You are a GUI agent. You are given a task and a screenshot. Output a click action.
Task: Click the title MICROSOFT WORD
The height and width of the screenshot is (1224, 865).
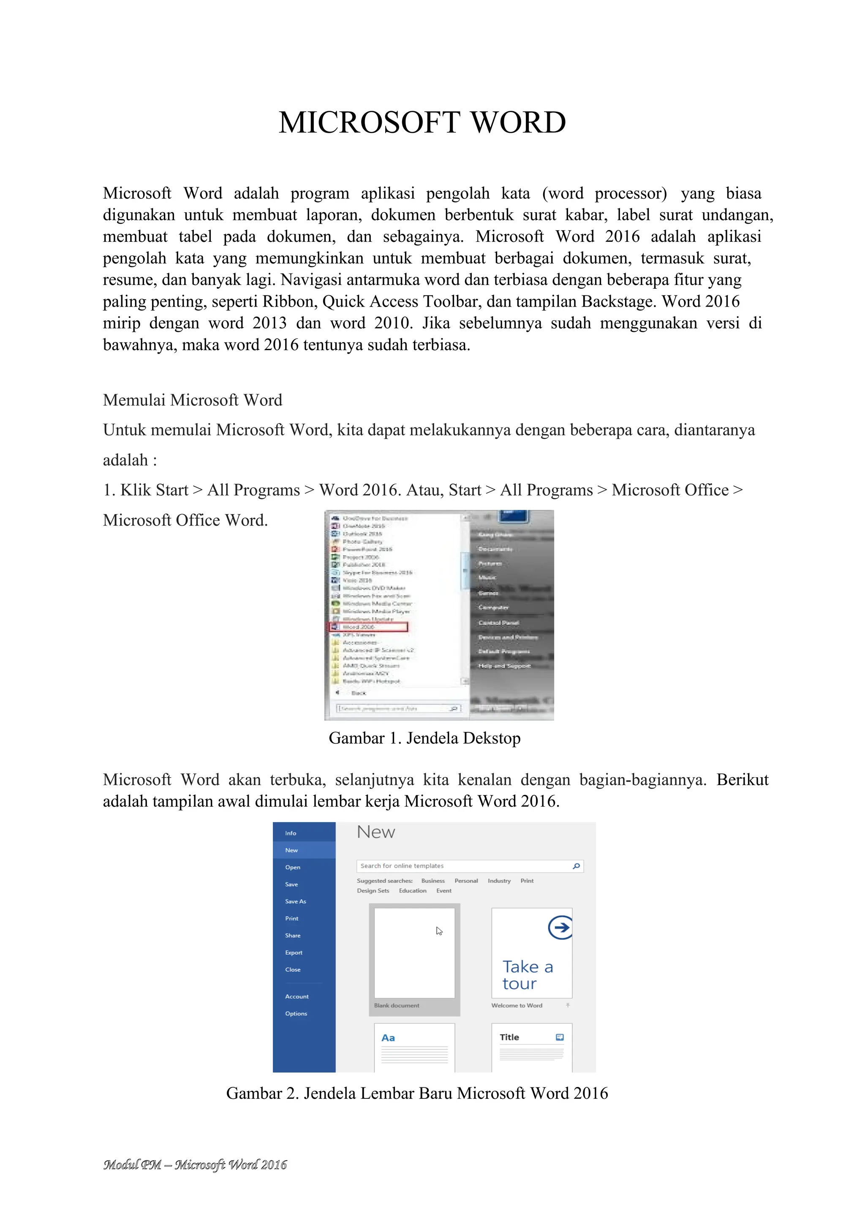click(422, 123)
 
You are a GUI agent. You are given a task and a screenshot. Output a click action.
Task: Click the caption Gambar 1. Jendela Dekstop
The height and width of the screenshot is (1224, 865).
click(424, 738)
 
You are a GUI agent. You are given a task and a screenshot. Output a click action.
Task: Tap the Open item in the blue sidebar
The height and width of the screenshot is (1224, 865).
click(292, 867)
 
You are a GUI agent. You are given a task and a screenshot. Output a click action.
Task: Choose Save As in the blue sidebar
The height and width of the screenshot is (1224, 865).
click(295, 901)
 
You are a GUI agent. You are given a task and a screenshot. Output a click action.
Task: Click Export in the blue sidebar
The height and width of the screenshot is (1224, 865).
click(294, 953)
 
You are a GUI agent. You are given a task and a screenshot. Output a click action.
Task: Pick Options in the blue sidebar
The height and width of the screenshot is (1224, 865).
click(296, 1013)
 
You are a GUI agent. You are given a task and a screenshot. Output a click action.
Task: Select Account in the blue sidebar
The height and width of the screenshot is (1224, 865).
click(296, 997)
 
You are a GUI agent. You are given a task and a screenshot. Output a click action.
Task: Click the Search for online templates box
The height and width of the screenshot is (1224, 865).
click(463, 866)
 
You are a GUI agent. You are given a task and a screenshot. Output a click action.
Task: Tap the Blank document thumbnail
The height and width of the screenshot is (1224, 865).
click(414, 953)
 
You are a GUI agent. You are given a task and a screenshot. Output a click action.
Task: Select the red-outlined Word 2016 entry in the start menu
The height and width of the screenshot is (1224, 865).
click(369, 627)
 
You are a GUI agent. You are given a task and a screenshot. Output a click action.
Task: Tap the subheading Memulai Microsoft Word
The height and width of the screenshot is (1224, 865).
click(192, 400)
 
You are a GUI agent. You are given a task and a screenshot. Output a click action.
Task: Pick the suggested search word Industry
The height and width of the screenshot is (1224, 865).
click(499, 881)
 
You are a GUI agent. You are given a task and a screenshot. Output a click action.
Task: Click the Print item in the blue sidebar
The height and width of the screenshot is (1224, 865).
click(291, 919)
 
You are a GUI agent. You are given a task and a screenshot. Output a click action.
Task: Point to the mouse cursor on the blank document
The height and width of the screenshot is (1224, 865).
click(439, 931)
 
